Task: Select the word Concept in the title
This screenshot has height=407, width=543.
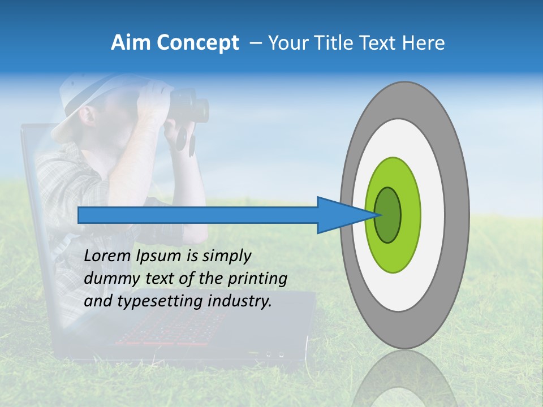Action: point(198,43)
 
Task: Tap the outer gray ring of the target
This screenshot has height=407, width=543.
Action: point(457,215)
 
